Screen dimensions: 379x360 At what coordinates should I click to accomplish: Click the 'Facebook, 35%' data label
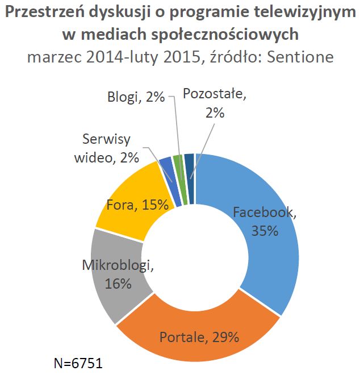tap(265, 222)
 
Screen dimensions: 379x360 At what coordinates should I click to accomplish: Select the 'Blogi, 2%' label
tap(136, 98)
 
